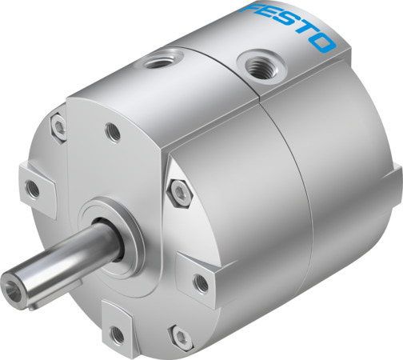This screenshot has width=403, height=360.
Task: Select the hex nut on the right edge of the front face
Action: pos(178,190)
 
